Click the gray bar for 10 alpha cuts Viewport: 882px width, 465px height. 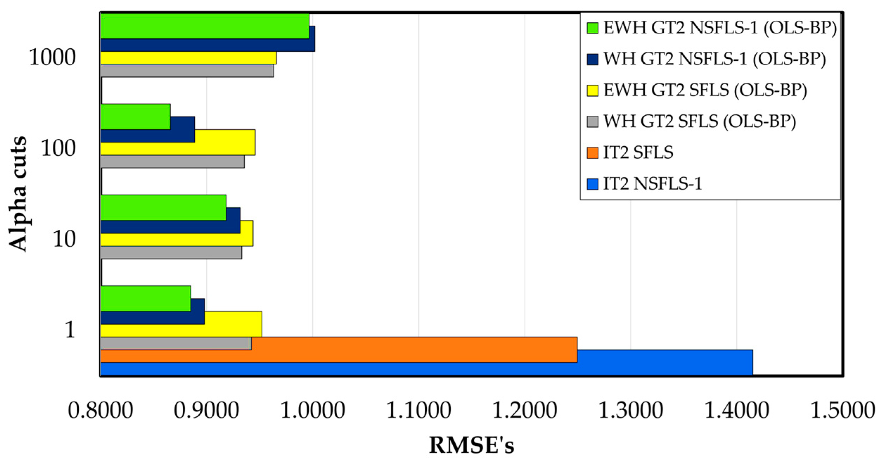click(x=171, y=253)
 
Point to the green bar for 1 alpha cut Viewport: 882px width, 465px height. click(x=146, y=298)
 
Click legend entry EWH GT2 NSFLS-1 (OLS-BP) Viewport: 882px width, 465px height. click(x=720, y=28)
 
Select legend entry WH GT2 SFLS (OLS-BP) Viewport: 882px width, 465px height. click(x=700, y=121)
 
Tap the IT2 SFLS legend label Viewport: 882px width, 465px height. click(x=638, y=153)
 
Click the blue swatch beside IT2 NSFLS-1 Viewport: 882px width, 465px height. click(x=592, y=184)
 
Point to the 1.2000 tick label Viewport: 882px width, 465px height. click(x=524, y=410)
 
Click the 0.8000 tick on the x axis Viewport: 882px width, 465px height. click(x=101, y=410)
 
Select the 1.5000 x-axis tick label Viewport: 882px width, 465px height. click(x=842, y=410)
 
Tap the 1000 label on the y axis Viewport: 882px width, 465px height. click(x=52, y=57)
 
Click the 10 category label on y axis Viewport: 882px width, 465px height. click(x=64, y=239)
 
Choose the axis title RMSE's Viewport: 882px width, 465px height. click(x=471, y=445)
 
